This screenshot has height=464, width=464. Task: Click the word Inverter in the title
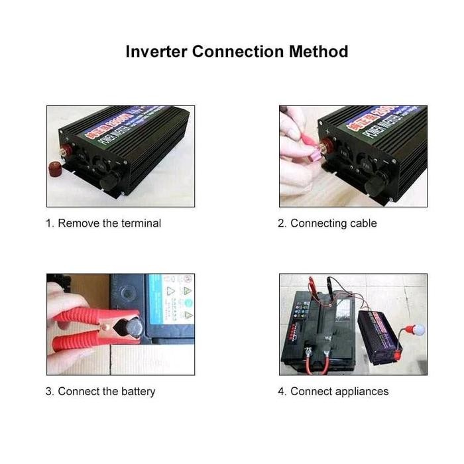point(156,51)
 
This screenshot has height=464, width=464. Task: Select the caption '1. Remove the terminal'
point(103,223)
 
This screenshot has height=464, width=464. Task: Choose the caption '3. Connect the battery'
point(100,391)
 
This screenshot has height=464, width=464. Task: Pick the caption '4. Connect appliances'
point(333,391)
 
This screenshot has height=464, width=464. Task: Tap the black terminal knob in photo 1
point(109,180)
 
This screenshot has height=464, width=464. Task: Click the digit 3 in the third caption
point(49,391)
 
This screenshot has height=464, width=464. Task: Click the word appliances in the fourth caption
point(358,392)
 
